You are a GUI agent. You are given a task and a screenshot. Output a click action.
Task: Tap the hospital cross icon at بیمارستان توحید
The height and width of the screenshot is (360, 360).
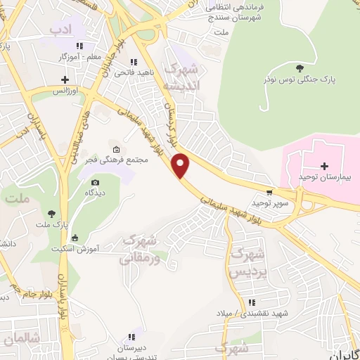(x=323, y=166)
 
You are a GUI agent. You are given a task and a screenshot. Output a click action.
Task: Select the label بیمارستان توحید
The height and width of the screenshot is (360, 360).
(x=324, y=177)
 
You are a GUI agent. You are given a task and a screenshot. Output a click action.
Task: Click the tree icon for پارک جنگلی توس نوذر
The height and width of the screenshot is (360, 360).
(x=300, y=68)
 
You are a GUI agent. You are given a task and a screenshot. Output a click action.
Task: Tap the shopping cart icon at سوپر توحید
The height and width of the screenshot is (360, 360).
(x=269, y=192)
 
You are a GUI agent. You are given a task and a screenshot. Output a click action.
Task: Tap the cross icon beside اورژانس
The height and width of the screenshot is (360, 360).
(x=65, y=79)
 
